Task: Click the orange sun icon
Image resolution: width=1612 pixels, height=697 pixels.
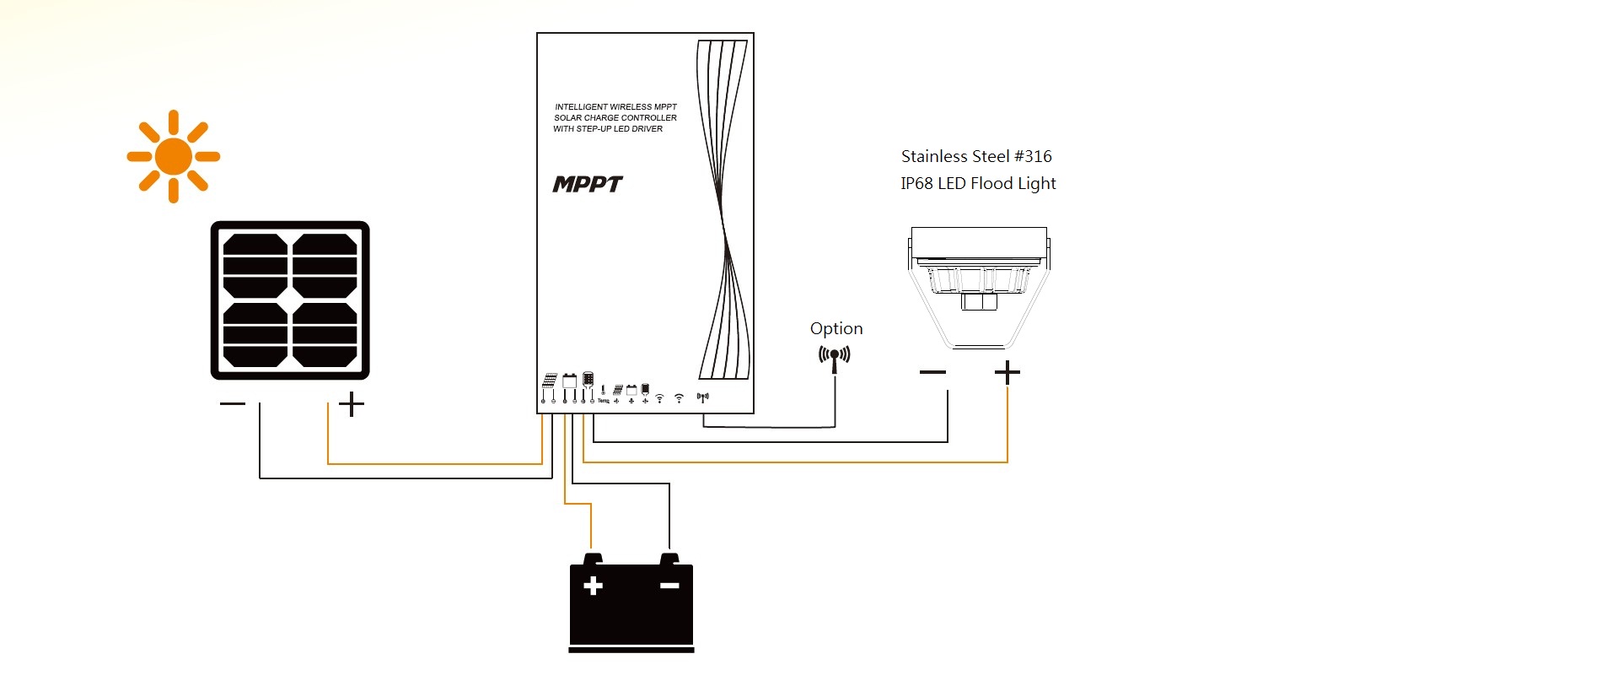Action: point(174,156)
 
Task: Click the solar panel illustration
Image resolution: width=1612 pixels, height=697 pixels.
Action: point(290,300)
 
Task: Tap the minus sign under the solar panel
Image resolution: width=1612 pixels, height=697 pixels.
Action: point(233,404)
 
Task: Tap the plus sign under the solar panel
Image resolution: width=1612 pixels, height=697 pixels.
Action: point(352,404)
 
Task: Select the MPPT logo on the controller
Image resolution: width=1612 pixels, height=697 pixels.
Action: point(588,184)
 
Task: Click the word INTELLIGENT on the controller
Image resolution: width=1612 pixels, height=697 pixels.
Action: point(580,107)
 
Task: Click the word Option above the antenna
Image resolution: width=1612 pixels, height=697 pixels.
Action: point(836,328)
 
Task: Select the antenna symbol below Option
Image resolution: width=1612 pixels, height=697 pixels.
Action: point(835,357)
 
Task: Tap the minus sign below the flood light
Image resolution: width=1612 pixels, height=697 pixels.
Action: point(932,372)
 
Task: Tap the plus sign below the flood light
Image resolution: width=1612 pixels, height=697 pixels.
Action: point(1007,372)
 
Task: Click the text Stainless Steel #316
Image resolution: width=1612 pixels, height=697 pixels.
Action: point(976,156)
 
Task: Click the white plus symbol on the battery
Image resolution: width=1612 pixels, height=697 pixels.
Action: point(593,586)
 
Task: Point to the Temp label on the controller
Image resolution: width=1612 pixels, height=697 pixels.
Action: point(604,400)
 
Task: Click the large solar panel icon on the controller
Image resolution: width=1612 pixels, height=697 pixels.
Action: point(550,381)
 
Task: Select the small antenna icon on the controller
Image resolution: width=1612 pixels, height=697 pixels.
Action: point(703,397)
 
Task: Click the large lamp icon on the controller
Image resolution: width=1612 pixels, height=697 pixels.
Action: point(588,379)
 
